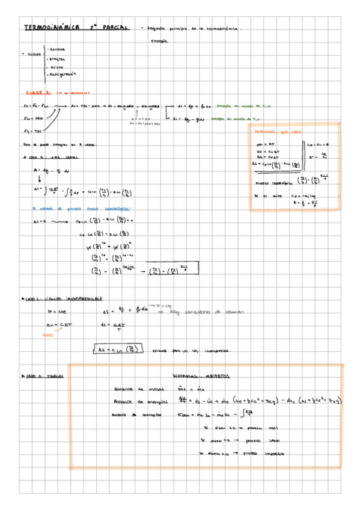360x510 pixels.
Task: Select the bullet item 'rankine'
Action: (58, 49)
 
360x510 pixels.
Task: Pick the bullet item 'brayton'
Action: (58, 58)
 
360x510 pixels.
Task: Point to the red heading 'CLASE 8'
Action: (38, 93)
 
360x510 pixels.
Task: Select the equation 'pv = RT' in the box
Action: (264, 144)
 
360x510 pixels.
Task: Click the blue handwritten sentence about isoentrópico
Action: (63, 209)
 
